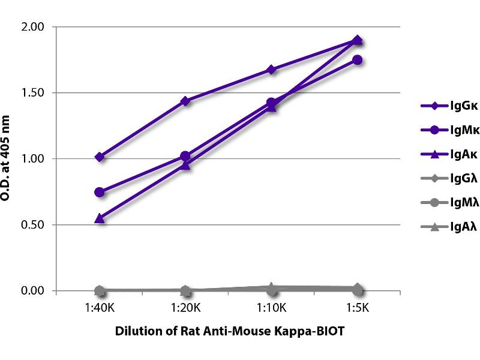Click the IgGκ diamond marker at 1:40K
pos(100,157)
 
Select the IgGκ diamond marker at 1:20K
pos(185,101)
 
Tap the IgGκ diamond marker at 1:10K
pos(271,70)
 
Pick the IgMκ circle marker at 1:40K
pos(100,192)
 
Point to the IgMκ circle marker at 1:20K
pos(185,157)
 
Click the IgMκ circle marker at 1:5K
pos(357,60)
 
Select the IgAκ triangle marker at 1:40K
pos(100,218)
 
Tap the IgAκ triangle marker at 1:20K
pos(185,165)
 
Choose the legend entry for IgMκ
pos(441,130)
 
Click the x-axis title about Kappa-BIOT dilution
pos(228,332)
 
